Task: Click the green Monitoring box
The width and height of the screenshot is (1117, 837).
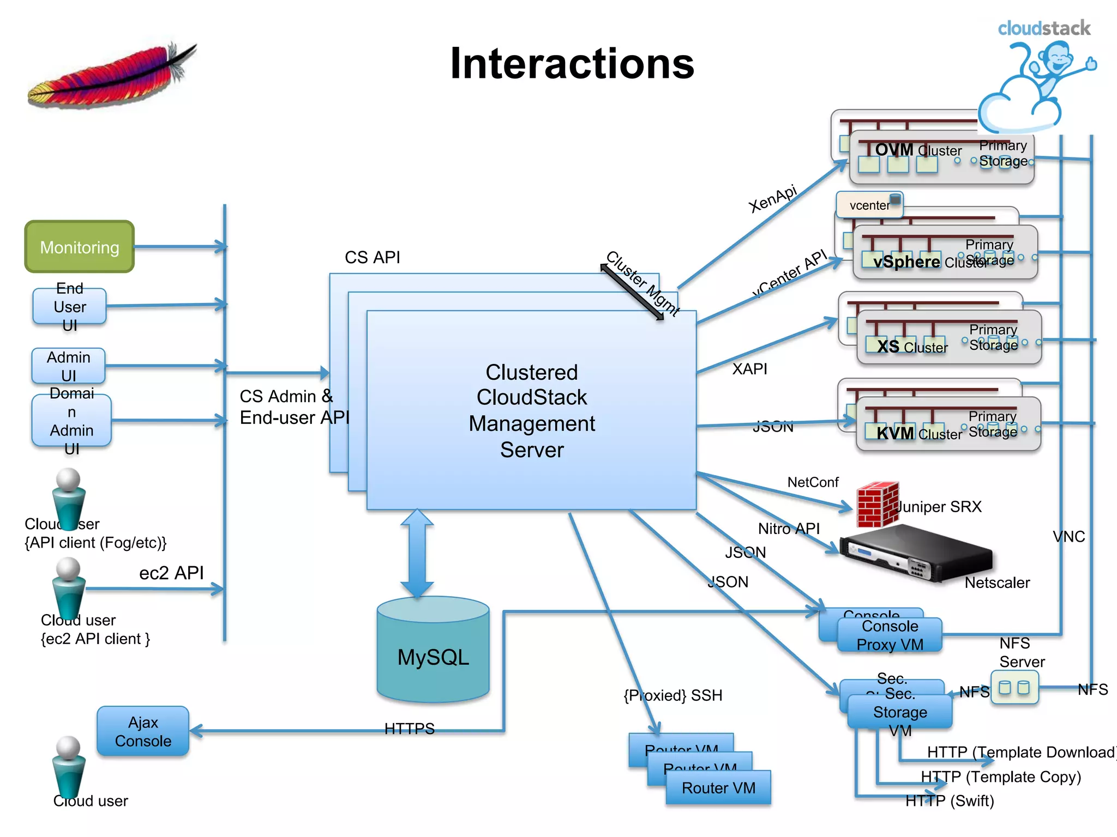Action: click(x=80, y=247)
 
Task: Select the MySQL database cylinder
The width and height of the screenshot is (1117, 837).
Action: click(x=433, y=652)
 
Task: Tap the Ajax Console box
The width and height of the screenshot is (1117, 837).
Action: click(x=143, y=731)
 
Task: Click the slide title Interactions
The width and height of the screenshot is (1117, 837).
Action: click(x=572, y=64)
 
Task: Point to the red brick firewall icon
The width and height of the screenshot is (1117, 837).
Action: click(x=877, y=505)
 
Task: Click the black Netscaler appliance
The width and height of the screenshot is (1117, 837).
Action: click(x=916, y=552)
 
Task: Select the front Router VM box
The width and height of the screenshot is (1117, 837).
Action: click(x=718, y=787)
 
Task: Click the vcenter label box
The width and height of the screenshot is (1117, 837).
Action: click(x=869, y=205)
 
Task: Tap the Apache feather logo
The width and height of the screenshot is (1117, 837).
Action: click(x=112, y=76)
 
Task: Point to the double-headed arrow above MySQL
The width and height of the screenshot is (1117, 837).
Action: click(x=417, y=553)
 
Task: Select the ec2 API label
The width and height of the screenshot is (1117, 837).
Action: click(x=171, y=573)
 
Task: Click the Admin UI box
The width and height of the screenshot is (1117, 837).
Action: click(x=69, y=366)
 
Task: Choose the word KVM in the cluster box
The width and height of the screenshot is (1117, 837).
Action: click(x=894, y=433)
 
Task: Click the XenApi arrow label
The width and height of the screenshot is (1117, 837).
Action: click(x=772, y=199)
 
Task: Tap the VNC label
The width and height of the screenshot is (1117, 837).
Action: click(x=1068, y=537)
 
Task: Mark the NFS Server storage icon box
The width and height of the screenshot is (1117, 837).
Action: click(x=1014, y=688)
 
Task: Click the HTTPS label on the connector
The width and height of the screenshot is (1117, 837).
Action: click(x=409, y=729)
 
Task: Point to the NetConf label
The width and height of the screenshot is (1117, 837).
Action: click(x=813, y=482)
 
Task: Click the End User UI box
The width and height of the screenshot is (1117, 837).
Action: click(x=70, y=306)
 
